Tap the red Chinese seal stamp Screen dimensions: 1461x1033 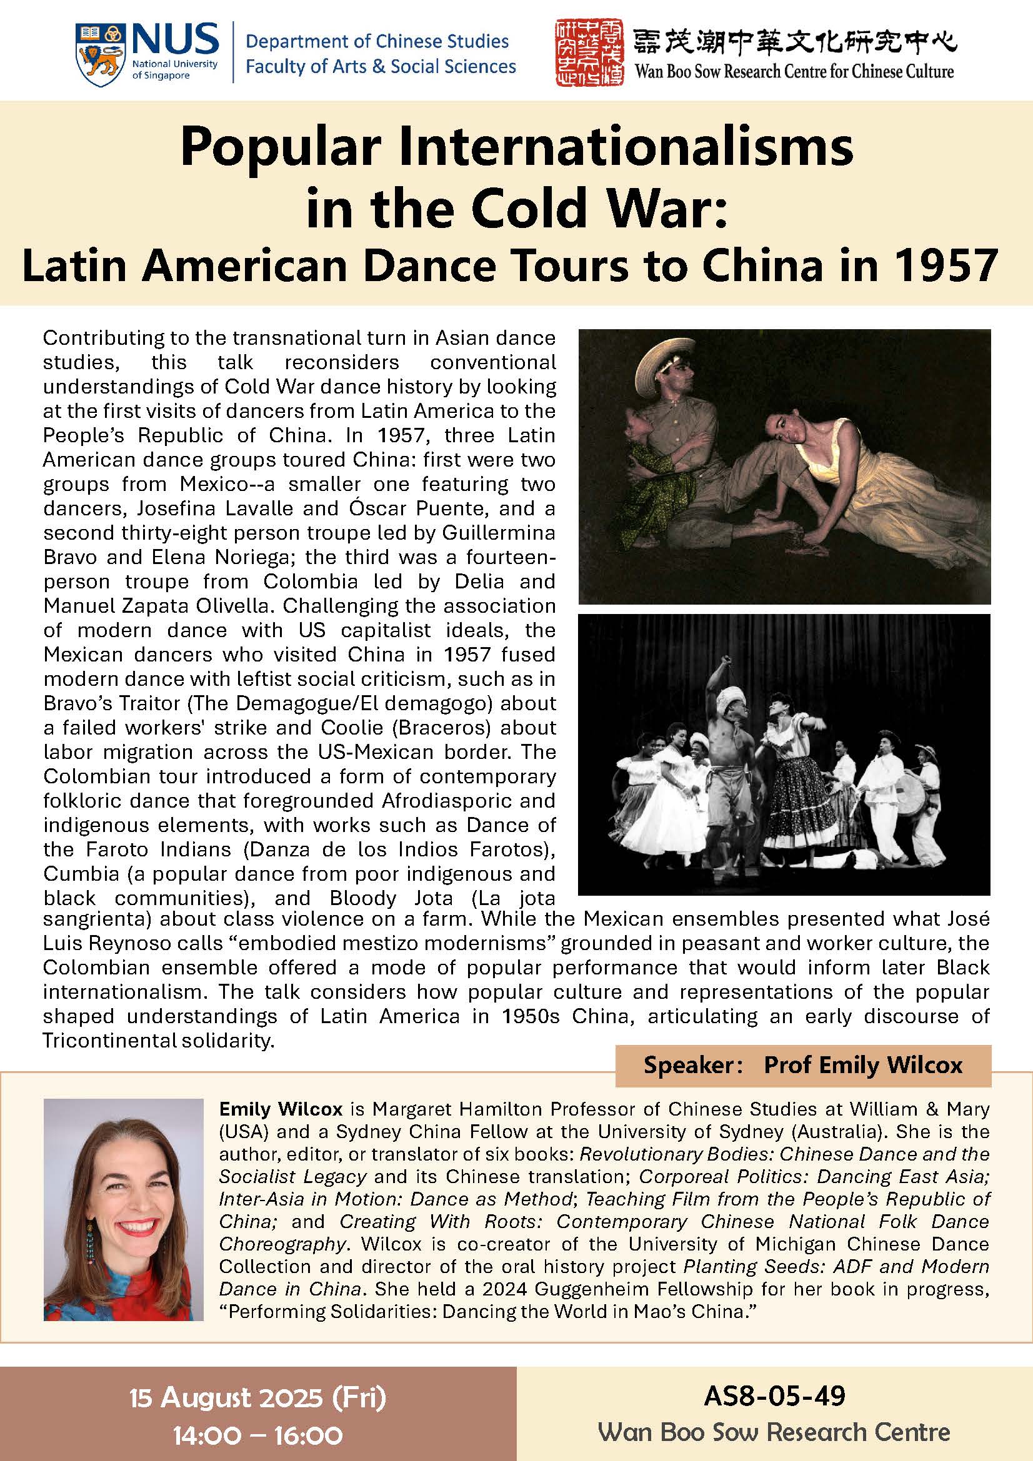[589, 52]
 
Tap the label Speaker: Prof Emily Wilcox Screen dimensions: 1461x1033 [802, 1065]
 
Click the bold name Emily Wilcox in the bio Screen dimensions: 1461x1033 [281, 1110]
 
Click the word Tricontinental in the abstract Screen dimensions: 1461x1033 [110, 1041]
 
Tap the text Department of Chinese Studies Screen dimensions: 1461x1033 [377, 42]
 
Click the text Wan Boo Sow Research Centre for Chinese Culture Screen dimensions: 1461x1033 [794, 71]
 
